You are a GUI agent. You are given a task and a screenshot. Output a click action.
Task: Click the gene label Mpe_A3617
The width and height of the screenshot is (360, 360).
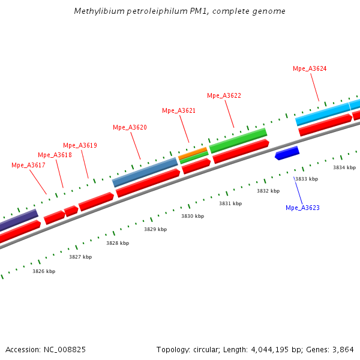point(28,165)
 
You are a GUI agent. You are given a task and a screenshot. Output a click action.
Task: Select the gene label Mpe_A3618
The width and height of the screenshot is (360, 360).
point(55,155)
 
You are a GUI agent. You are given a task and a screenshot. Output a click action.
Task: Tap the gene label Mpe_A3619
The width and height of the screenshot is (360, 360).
point(80,145)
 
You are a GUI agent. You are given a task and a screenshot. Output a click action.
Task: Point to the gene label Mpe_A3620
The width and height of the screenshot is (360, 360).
point(130,127)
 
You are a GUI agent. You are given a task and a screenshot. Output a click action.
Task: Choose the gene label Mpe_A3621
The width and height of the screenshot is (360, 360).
point(179,110)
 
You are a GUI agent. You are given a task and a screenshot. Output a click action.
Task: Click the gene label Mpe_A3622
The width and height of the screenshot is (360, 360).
point(224,95)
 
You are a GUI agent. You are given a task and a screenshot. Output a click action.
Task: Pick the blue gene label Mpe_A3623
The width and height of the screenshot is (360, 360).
point(302,208)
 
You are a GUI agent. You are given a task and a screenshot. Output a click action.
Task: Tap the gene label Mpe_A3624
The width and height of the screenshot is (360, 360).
point(310,68)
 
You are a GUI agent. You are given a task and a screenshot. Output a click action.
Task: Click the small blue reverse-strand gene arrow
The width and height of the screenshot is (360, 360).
point(287,153)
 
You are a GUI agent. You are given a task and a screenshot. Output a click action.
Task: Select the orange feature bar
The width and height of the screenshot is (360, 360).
point(193,153)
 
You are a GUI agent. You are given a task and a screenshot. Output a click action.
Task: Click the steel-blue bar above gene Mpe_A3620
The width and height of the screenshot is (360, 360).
point(145,172)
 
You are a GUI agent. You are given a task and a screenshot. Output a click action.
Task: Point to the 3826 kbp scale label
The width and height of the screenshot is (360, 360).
point(44,271)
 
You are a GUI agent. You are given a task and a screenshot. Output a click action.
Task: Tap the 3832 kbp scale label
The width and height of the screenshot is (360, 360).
point(268,191)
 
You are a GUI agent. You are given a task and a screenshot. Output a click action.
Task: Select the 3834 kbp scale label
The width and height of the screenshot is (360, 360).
point(344,167)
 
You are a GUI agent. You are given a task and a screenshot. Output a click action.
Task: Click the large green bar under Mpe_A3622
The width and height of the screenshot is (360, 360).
point(238,140)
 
